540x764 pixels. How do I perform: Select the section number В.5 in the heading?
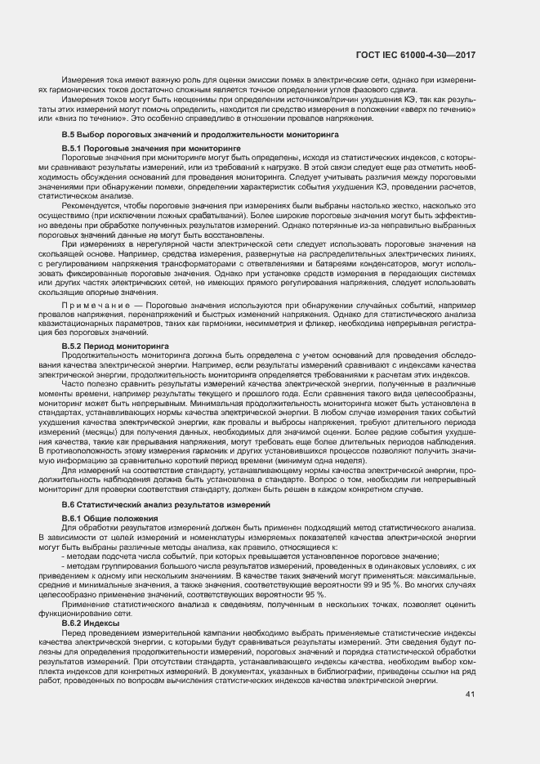[x=69, y=133]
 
